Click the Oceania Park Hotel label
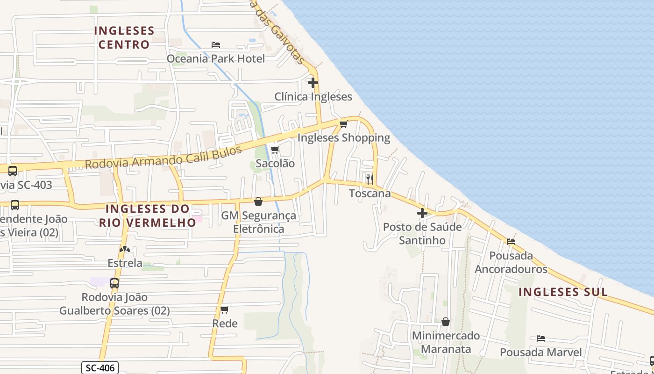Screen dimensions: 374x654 pyautogui.click(x=216, y=58)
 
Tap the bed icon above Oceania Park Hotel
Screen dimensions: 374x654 pyautogui.click(x=215, y=45)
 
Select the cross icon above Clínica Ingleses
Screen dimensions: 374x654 pyautogui.click(x=313, y=83)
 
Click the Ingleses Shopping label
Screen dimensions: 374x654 pyautogui.click(x=343, y=137)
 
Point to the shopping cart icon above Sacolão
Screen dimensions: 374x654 pyautogui.click(x=275, y=150)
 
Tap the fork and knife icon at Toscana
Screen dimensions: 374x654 pyautogui.click(x=370, y=179)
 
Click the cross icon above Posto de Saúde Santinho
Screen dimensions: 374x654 pyautogui.click(x=422, y=213)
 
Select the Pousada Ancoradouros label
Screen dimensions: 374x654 pyautogui.click(x=511, y=262)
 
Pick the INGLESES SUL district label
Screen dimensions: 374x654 pyautogui.click(x=563, y=292)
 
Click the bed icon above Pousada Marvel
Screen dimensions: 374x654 pyautogui.click(x=541, y=338)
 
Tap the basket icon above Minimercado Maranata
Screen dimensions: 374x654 pyautogui.click(x=446, y=322)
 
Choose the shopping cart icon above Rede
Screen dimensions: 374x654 pyautogui.click(x=225, y=309)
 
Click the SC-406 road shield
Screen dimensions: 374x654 pyautogui.click(x=100, y=368)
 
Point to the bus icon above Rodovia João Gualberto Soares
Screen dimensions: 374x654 pyautogui.click(x=114, y=283)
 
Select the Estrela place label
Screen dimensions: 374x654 pyautogui.click(x=125, y=263)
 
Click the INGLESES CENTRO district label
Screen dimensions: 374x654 pyautogui.click(x=124, y=37)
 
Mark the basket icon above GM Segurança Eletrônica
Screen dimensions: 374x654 pyautogui.click(x=258, y=201)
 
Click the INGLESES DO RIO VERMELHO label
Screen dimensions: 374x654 pyautogui.click(x=147, y=215)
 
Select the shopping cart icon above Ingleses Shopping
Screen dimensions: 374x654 pyautogui.click(x=344, y=124)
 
